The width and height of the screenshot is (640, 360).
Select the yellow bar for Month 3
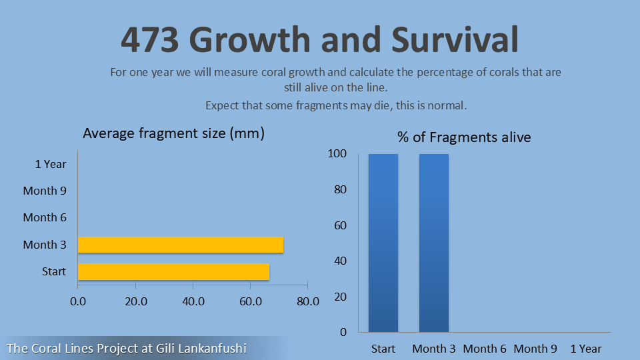[181, 245]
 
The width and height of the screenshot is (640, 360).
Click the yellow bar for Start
[173, 271]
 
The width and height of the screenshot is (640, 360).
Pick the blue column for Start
[383, 243]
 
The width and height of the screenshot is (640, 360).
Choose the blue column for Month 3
[434, 243]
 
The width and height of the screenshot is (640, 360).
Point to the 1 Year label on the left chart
[51, 163]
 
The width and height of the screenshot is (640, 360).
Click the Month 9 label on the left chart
[45, 191]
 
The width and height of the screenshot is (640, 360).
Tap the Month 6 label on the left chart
[45, 217]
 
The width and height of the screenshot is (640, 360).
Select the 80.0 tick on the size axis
[307, 301]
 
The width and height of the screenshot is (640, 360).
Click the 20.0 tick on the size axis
[135, 301]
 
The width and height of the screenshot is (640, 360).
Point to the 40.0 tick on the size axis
[193, 301]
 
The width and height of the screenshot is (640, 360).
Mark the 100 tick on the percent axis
[338, 154]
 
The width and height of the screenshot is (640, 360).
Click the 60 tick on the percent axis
[341, 225]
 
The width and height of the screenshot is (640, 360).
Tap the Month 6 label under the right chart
[485, 349]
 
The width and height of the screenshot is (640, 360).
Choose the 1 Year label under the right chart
[586, 349]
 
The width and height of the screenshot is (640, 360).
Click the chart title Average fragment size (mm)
[174, 133]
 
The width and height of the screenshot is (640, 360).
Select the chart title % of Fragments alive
[464, 137]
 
